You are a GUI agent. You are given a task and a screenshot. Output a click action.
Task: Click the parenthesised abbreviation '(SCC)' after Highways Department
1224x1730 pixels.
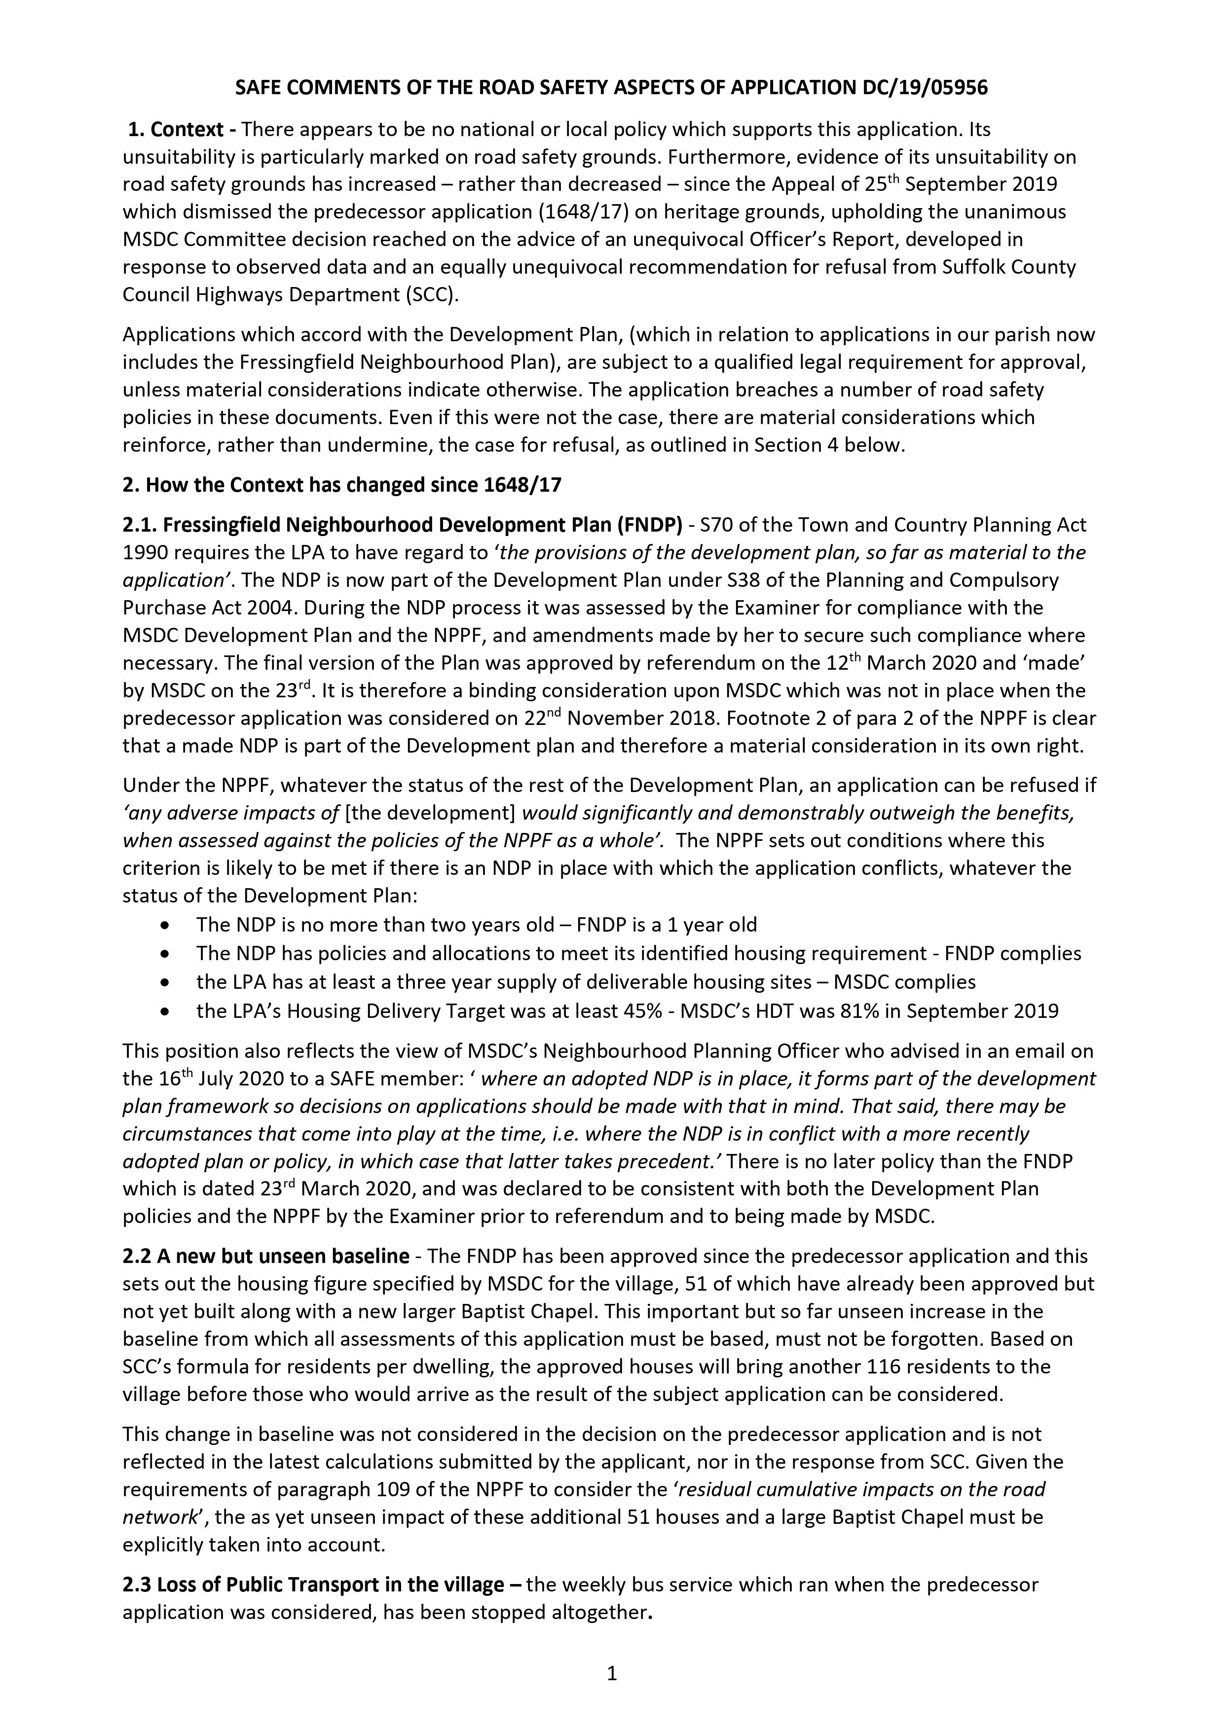coord(430,294)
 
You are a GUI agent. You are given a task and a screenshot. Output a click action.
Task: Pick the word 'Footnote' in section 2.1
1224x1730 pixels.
coord(766,718)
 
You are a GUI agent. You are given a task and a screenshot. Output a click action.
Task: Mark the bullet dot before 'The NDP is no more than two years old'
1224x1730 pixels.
coord(165,925)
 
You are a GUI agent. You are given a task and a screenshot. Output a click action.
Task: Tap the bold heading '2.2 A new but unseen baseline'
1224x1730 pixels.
coord(266,1256)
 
